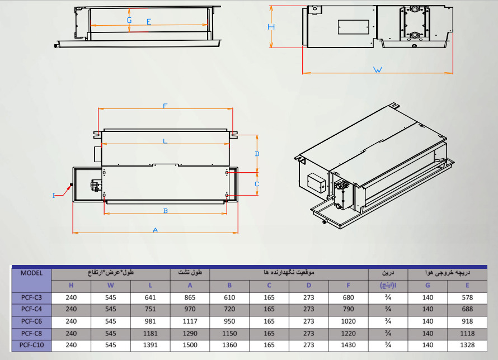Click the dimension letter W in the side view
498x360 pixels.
click(x=377, y=69)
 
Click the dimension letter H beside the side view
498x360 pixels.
click(x=271, y=27)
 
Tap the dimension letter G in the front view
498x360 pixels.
click(x=129, y=20)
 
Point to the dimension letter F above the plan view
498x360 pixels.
click(x=165, y=106)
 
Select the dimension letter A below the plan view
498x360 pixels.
click(x=156, y=230)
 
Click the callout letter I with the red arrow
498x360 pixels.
click(x=54, y=196)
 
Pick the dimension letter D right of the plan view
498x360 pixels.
click(x=257, y=154)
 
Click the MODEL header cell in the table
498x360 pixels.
click(x=31, y=273)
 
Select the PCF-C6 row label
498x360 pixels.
click(x=31, y=321)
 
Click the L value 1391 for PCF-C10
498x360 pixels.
click(x=150, y=345)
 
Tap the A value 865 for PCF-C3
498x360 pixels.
click(x=190, y=297)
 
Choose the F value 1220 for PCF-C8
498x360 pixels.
click(x=349, y=333)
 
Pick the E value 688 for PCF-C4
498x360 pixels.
click(x=467, y=309)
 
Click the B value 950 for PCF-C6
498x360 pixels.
click(x=229, y=321)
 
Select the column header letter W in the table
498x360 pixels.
click(x=111, y=285)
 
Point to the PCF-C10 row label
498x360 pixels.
click(x=31, y=345)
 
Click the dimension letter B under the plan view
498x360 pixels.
click(x=166, y=211)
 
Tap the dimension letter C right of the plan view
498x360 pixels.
click(x=257, y=184)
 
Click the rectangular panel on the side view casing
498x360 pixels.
click(x=354, y=27)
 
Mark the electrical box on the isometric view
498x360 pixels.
click(x=316, y=183)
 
